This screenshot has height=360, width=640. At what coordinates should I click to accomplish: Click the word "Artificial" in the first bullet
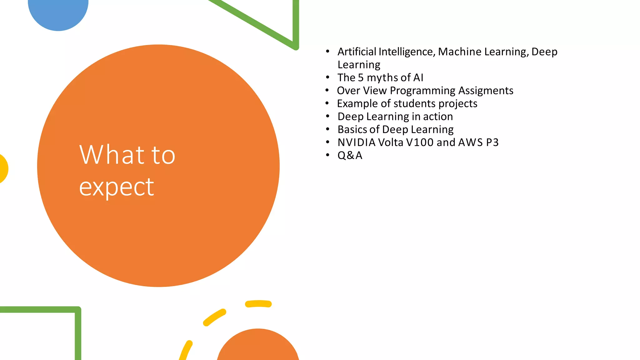(357, 52)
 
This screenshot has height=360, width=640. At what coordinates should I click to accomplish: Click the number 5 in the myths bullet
(361, 77)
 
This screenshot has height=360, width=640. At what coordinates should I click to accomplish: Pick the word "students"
(414, 103)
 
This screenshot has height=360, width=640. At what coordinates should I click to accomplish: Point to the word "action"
(438, 117)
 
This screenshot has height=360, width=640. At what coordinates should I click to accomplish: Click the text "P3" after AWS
(492, 142)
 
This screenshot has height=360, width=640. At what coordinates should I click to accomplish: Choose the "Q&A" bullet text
(350, 155)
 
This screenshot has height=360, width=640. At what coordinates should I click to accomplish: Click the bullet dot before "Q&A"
(327, 155)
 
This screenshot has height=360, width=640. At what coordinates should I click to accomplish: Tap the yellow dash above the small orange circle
(258, 304)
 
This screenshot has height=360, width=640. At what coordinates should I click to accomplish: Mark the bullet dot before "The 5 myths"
(327, 77)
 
